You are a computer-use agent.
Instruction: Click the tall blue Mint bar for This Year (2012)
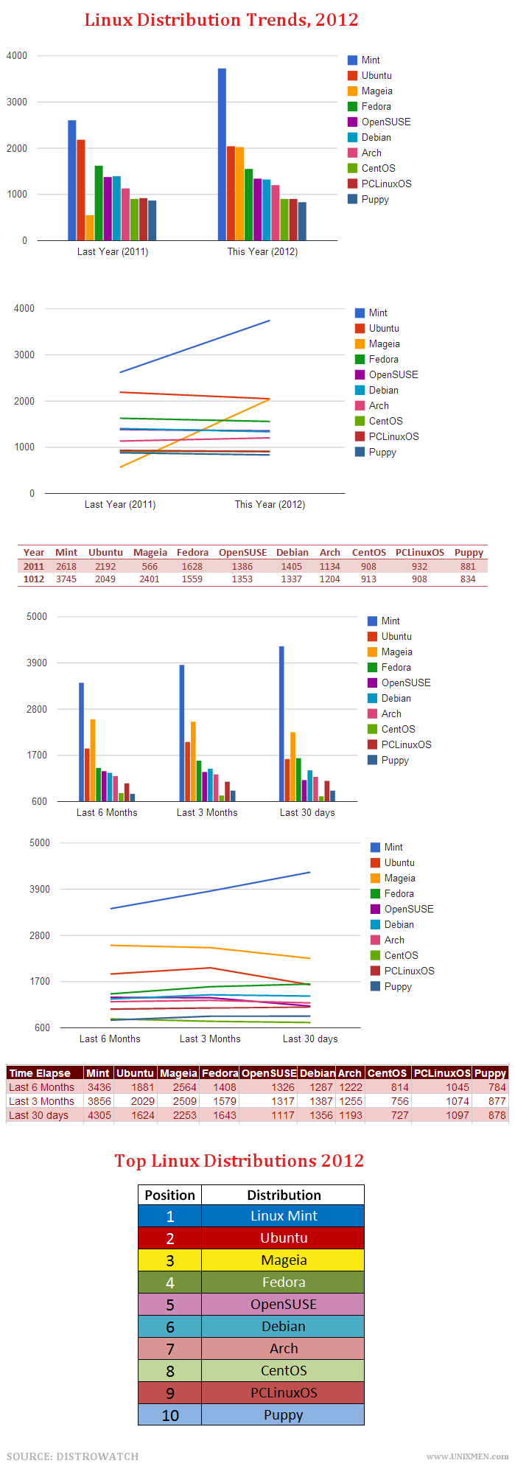tap(222, 154)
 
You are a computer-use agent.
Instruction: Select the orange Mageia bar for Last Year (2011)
tap(90, 228)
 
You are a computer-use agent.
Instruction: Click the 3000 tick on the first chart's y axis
tap(17, 102)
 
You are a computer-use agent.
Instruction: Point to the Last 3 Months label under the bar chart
tap(207, 812)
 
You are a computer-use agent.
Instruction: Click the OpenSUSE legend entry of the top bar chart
tap(385, 122)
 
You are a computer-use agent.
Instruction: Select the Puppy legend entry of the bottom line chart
tap(397, 986)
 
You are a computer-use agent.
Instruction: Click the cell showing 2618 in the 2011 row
tap(66, 566)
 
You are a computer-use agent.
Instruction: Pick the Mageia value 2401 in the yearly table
tap(150, 579)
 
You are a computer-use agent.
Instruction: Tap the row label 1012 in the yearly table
tap(34, 579)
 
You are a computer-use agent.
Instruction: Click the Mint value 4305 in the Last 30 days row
tap(99, 1115)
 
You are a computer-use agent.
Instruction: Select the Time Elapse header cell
tap(40, 1073)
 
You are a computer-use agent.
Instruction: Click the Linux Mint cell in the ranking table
tap(284, 1215)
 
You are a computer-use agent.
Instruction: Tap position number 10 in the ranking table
tap(170, 1414)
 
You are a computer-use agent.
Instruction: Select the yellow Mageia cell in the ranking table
tap(284, 1260)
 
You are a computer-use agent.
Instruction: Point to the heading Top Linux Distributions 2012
tap(239, 1160)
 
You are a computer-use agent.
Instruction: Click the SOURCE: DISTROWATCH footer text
tap(73, 1456)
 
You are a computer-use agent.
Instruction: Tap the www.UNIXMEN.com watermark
tap(467, 1456)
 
